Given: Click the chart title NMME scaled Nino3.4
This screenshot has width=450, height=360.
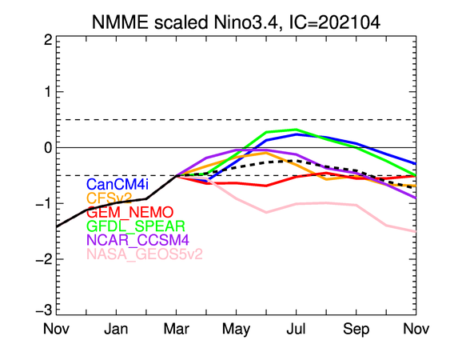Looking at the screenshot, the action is [x=185, y=22].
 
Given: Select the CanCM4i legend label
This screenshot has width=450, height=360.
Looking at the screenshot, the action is [x=117, y=184].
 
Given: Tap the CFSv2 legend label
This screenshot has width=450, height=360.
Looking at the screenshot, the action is [x=109, y=198].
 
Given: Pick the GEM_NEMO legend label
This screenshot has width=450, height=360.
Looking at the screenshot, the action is [x=129, y=212].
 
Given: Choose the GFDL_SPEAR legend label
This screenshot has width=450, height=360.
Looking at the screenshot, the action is [x=136, y=226].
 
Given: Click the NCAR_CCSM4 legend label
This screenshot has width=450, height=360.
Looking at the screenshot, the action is [x=137, y=240].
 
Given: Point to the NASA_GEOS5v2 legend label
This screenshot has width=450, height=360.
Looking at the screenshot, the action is [x=145, y=254].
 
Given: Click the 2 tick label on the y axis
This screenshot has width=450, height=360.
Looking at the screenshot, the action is [x=48, y=40].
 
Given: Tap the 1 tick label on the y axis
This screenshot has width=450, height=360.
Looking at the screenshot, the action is [x=49, y=92].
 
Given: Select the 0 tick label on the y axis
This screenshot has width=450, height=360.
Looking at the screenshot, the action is [x=48, y=148].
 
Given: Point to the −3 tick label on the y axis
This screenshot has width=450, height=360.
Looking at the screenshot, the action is [x=44, y=310].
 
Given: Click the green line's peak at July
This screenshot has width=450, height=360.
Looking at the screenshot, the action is [x=297, y=130].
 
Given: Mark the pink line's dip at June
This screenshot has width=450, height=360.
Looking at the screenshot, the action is [x=266, y=212].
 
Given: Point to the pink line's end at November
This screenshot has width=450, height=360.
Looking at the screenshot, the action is [x=416, y=231].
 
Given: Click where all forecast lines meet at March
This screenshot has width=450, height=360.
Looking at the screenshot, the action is [x=176, y=175].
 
